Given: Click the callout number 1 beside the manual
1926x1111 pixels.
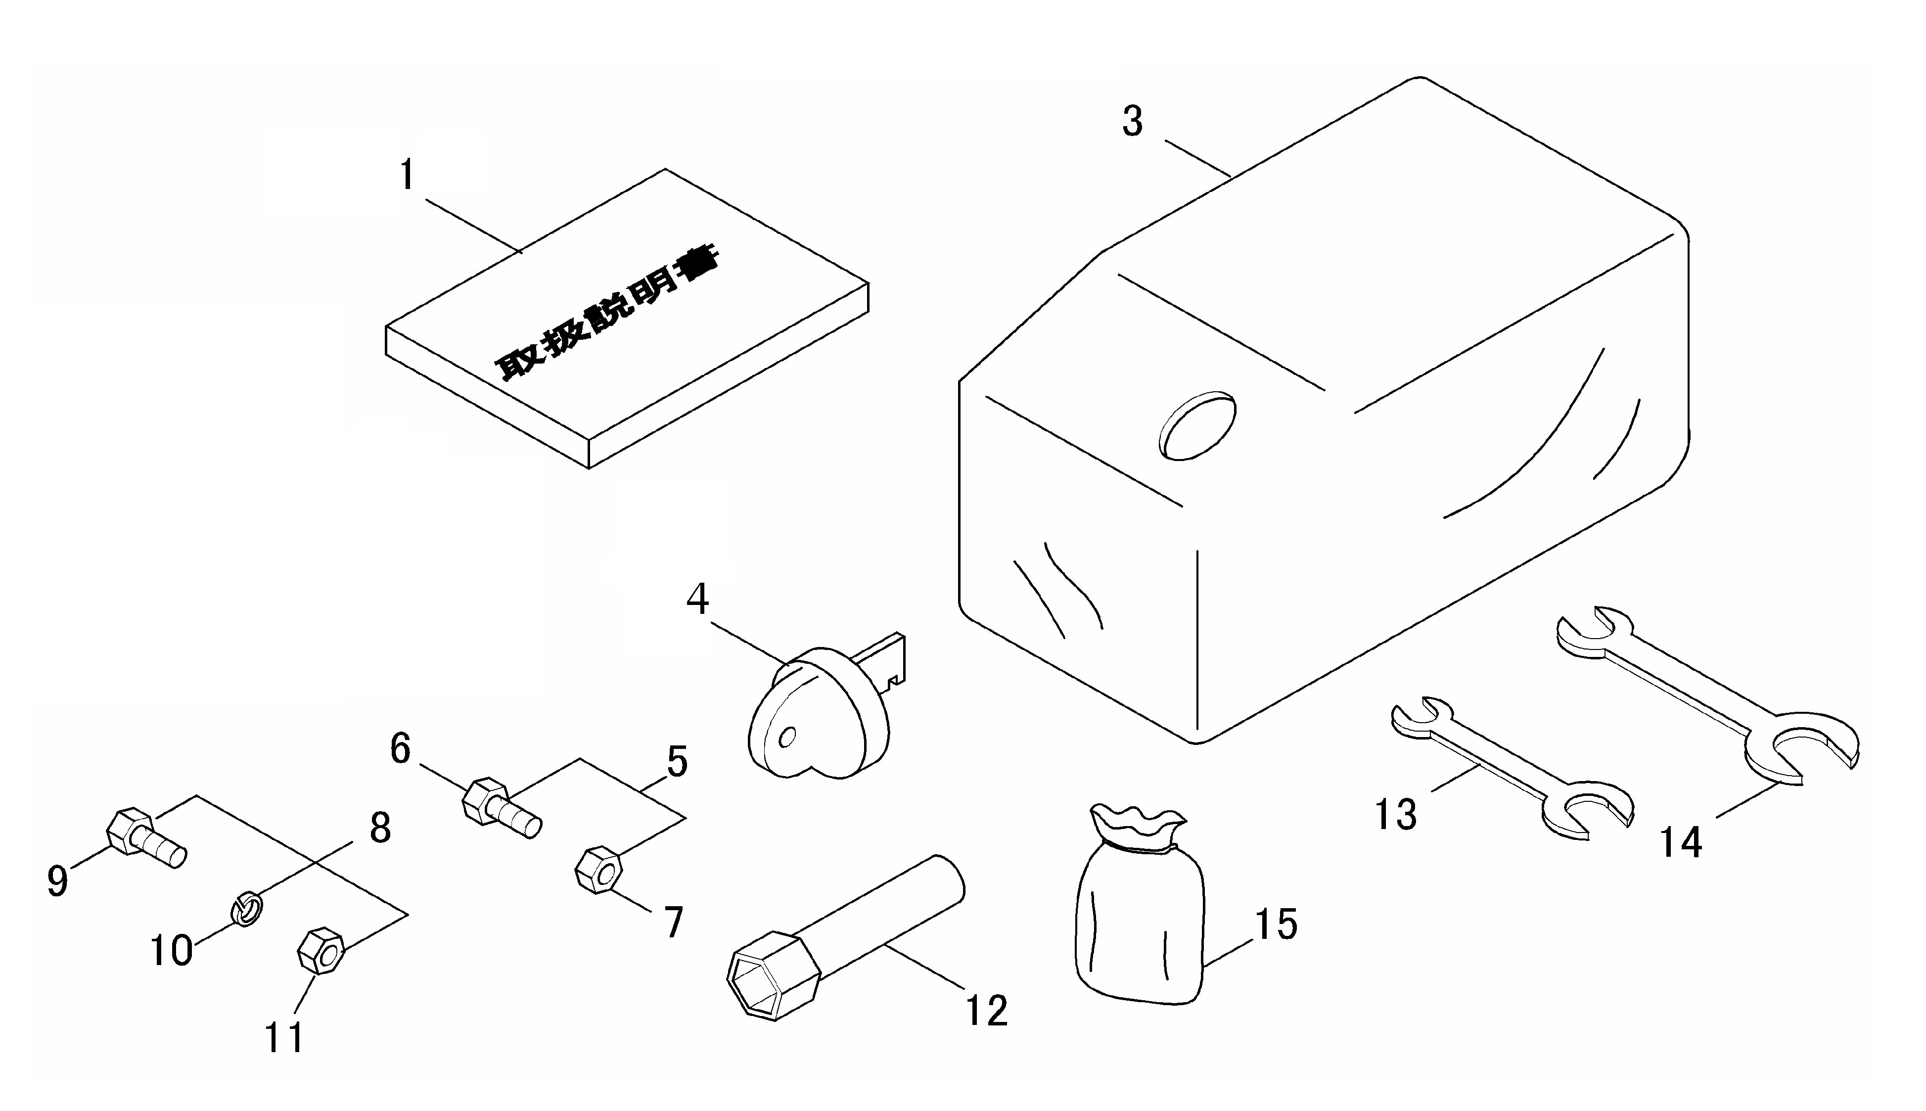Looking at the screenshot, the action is [x=408, y=175].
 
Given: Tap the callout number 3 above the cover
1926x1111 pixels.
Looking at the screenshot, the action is [x=1133, y=121].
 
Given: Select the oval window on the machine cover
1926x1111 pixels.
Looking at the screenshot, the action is [x=1197, y=426].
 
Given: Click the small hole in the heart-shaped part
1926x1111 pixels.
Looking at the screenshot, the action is [x=788, y=737].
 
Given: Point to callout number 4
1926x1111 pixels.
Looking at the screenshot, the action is [x=697, y=599].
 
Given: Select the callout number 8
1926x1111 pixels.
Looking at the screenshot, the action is [x=380, y=827].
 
